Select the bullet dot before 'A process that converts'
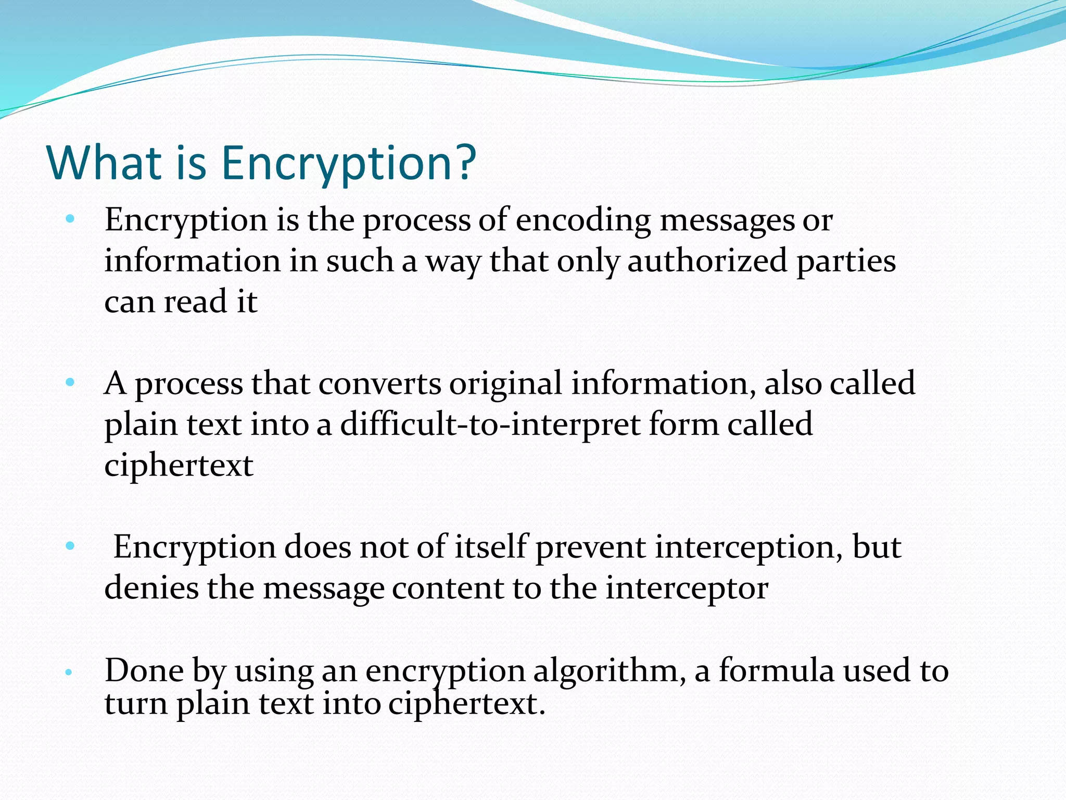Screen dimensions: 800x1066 70,383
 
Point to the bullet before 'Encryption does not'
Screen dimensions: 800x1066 70,546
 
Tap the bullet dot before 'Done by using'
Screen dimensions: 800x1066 68,672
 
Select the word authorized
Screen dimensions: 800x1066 707,260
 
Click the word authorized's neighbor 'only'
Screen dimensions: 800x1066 588,261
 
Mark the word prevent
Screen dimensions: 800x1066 590,548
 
